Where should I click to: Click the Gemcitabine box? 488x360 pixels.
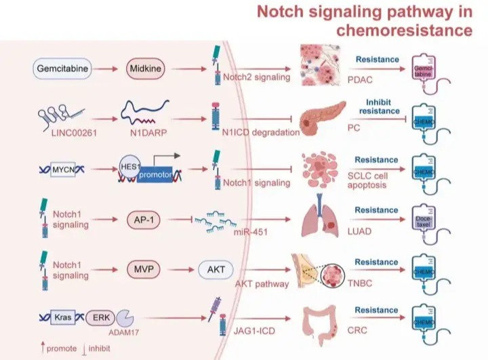pyautogui.click(x=62, y=68)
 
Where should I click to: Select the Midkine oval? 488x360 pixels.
pyautogui.click(x=145, y=68)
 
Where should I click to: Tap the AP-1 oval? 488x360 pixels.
pyautogui.click(x=144, y=220)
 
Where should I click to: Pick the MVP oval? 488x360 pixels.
pyautogui.click(x=144, y=269)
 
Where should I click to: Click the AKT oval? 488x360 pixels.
pyautogui.click(x=216, y=269)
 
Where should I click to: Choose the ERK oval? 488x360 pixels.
pyautogui.click(x=100, y=318)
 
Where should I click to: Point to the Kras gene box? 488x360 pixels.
pyautogui.click(x=63, y=318)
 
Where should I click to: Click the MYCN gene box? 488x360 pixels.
pyautogui.click(x=63, y=169)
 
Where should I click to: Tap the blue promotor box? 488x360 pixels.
pyautogui.click(x=155, y=175)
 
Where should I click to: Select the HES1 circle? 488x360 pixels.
pyautogui.click(x=129, y=167)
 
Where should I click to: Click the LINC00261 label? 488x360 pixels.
pyautogui.click(x=74, y=133)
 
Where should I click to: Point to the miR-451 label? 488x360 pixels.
pyautogui.click(x=251, y=232)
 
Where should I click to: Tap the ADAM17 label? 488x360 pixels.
pyautogui.click(x=123, y=333)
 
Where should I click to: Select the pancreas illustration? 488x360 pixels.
pyautogui.click(x=323, y=119)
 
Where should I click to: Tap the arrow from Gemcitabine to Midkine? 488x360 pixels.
pyautogui.click(x=105, y=69)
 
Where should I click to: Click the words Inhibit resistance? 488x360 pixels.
pyautogui.click(x=379, y=106)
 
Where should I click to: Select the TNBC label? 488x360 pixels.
pyautogui.click(x=360, y=283)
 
